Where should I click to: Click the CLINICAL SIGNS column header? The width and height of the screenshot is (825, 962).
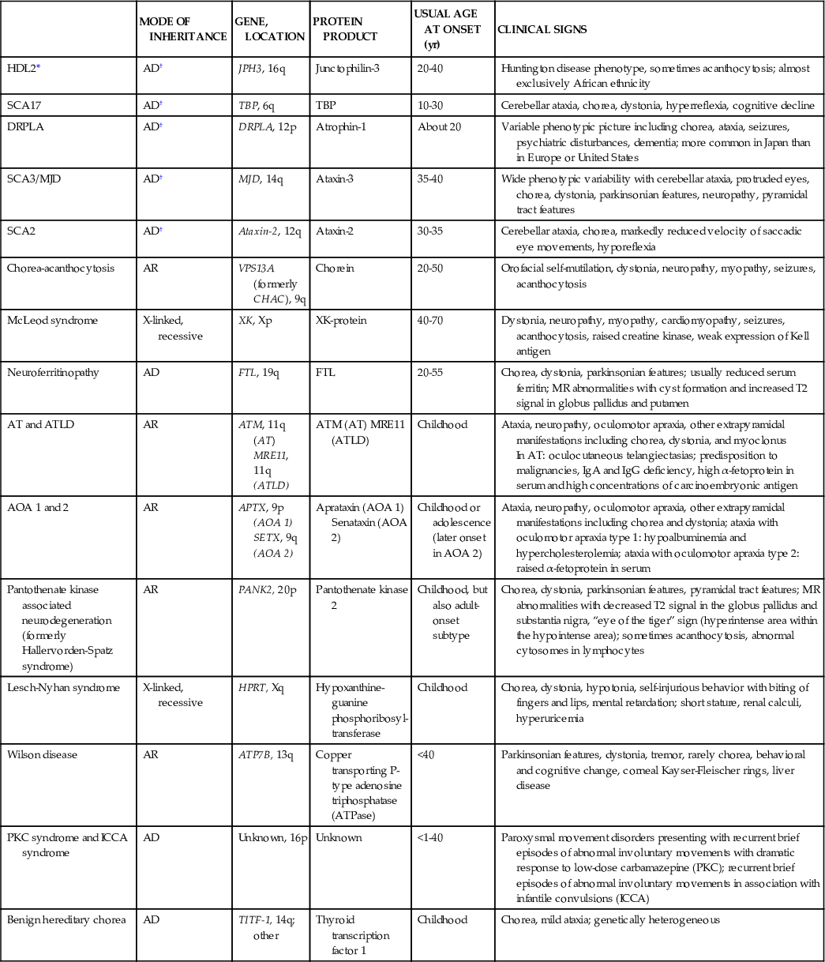(541, 29)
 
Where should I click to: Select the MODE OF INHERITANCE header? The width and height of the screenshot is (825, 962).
(182, 29)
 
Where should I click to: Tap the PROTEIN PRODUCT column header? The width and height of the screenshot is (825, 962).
(345, 29)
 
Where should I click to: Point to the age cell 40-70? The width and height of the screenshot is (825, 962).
(431, 320)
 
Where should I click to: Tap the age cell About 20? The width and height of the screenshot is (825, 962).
(438, 126)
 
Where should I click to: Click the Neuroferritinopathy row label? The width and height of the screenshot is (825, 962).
(53, 372)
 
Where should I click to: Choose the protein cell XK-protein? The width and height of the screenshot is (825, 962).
(340, 320)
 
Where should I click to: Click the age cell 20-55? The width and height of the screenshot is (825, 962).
(430, 372)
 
